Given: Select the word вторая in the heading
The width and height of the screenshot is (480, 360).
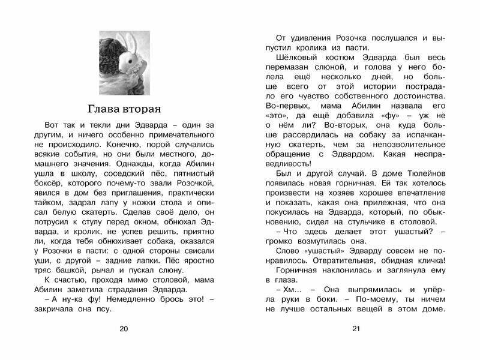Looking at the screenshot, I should (x=144, y=109).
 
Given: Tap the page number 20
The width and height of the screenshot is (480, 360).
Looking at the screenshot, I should (x=124, y=328).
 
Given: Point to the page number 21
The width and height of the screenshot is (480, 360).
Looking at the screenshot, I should (x=356, y=328).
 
